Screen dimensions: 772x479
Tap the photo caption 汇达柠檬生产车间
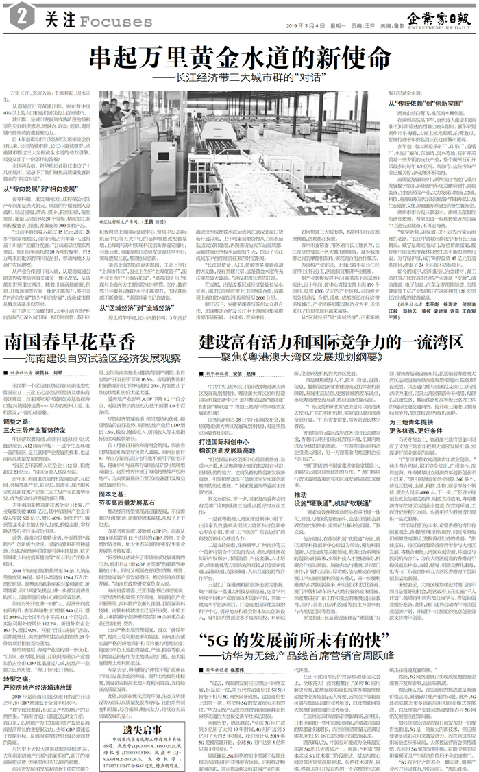[134, 204]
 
